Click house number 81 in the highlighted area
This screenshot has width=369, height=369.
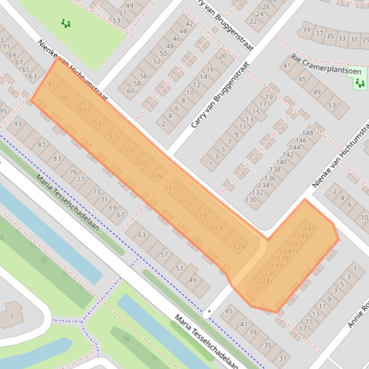click(52, 85)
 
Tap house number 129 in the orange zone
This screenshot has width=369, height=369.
click(239, 247)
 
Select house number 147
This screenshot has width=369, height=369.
click(310, 229)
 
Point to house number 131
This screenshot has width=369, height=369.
click(257, 288)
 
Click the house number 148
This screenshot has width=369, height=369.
click(307, 133)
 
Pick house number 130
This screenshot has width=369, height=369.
click(251, 200)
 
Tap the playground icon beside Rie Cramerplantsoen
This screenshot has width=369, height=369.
click(359, 83)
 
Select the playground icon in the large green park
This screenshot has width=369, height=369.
click(66, 23)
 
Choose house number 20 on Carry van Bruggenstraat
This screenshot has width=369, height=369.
click(222, 56)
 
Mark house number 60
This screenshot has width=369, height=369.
click(131, 91)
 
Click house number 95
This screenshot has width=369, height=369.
click(3, 111)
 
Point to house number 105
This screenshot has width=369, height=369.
click(142, 163)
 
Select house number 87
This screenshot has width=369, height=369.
click(42, 145)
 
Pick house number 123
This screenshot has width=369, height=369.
click(217, 228)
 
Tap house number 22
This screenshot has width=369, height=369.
click(254, 21)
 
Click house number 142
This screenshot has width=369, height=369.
click(288, 155)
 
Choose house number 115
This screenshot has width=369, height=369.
click(186, 203)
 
